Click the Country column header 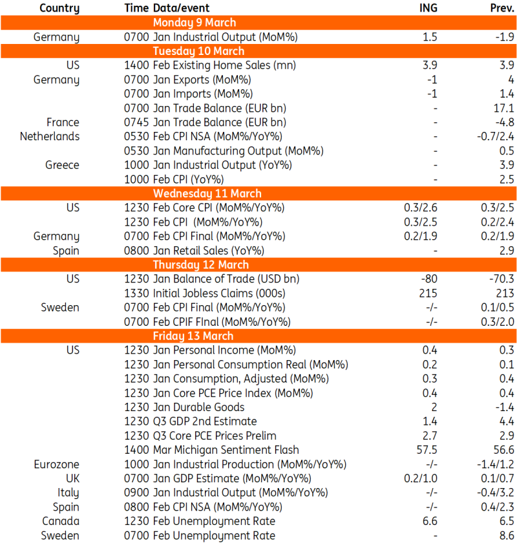point(59,8)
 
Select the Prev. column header point(501,8)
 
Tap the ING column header point(428,8)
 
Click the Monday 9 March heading point(195,23)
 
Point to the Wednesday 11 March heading point(207,193)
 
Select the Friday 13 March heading point(193,336)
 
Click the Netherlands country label point(50,136)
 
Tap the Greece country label point(62,165)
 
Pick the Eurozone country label point(56,464)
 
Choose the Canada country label point(61,521)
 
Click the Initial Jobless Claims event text point(219,293)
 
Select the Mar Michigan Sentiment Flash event point(226,450)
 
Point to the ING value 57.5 point(427,450)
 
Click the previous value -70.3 point(501,279)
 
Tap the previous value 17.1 point(504,108)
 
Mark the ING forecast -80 point(429,279)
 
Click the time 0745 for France point(136,122)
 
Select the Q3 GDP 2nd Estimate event point(205,421)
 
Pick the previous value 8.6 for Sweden point(507,535)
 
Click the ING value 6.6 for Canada point(430,521)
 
